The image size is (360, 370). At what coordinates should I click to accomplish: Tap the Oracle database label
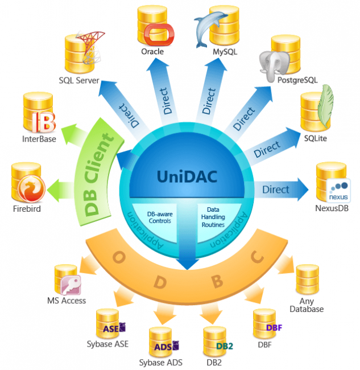[152, 52]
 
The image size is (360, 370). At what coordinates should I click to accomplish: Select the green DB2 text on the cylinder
[224, 345]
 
